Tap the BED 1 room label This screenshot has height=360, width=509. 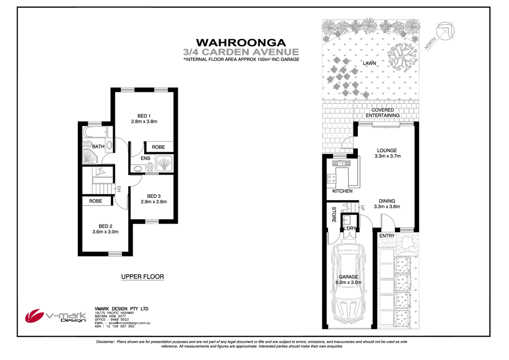click(x=144, y=115)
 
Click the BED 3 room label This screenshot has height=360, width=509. click(x=153, y=196)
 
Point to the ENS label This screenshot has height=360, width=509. click(x=145, y=159)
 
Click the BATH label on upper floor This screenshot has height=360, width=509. click(x=98, y=147)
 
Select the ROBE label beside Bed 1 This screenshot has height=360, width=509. click(x=158, y=147)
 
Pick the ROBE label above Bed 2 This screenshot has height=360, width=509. click(x=96, y=201)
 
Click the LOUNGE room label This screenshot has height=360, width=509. click(x=387, y=151)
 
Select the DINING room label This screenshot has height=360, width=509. click(x=387, y=200)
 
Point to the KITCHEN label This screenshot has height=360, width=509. click(x=342, y=191)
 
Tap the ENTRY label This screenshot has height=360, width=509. click(x=387, y=235)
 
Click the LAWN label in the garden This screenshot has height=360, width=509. click(x=370, y=64)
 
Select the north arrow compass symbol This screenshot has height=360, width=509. click(x=443, y=34)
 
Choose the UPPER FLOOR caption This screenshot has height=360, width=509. click(x=142, y=277)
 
